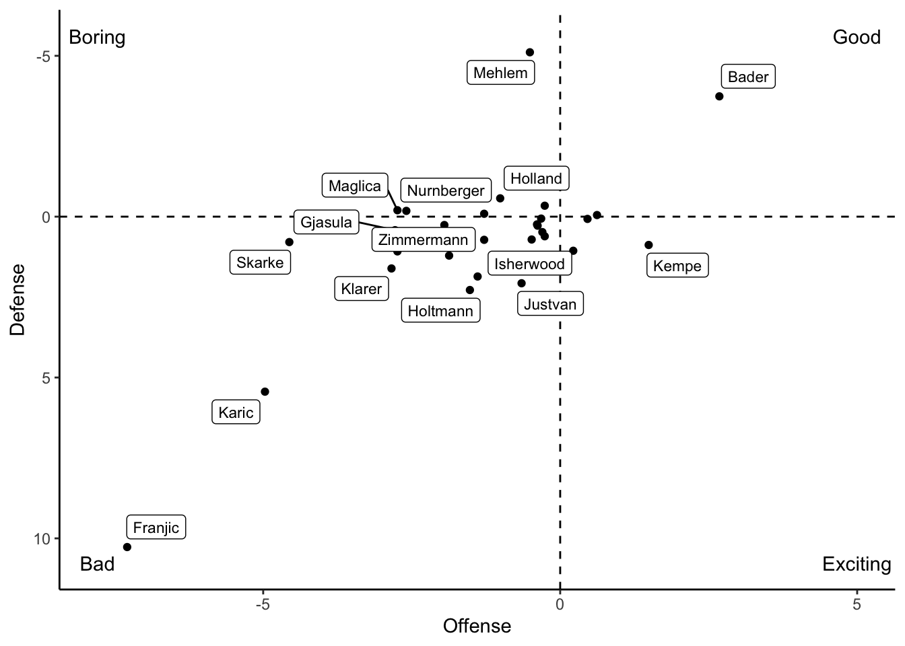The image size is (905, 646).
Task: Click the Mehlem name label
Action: [x=500, y=73]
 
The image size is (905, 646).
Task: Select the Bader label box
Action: [x=748, y=77]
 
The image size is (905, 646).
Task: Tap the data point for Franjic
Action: [x=127, y=547]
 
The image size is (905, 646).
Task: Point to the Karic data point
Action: [x=265, y=392]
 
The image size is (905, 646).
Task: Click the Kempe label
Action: [x=677, y=266]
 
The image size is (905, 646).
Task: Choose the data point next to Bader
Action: [x=719, y=96]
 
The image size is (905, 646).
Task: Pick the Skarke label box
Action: [x=260, y=262]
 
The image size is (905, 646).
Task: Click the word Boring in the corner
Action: [x=97, y=37]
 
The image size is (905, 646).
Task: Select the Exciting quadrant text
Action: [x=857, y=564]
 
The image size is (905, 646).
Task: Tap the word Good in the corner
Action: [x=857, y=37]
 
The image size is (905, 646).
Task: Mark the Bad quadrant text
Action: [x=97, y=564]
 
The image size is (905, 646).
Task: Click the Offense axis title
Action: [x=477, y=626]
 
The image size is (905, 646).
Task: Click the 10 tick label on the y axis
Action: [x=42, y=539]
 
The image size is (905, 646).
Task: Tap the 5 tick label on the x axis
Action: [x=857, y=604]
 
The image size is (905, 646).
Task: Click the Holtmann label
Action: [x=440, y=311]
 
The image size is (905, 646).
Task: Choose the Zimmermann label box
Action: [x=423, y=240]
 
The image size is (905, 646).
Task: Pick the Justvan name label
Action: [x=550, y=304]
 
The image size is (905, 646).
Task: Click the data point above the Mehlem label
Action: [x=530, y=52]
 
